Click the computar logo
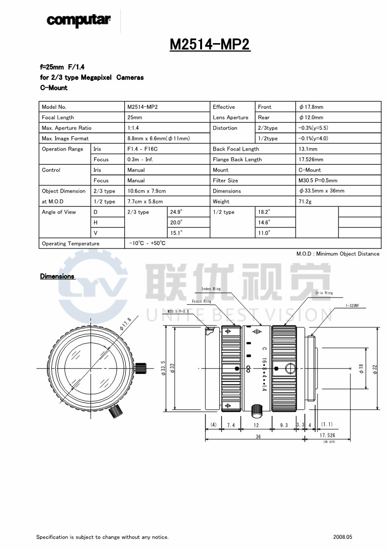78,20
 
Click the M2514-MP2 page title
209,45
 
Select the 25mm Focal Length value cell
135,118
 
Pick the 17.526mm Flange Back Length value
311,159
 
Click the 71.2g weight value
305,201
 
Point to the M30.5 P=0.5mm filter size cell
318,180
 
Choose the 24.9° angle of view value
176,212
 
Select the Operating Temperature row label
70,244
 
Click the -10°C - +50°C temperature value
147,243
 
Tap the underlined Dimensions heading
57,276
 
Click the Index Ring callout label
211,289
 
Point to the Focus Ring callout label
201,301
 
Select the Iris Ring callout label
324,293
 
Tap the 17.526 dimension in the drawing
327,435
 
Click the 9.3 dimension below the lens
283,425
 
